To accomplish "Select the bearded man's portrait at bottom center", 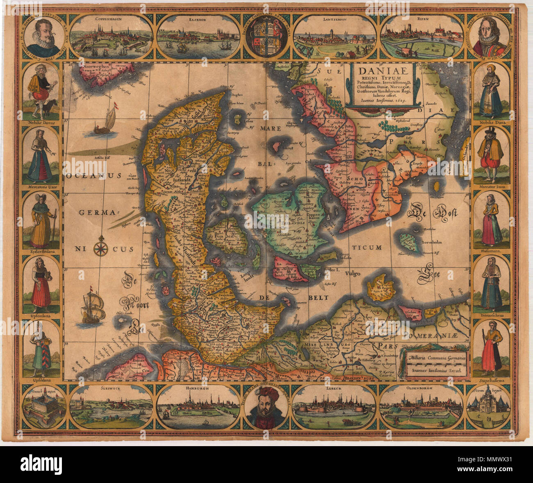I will click(266, 408).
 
